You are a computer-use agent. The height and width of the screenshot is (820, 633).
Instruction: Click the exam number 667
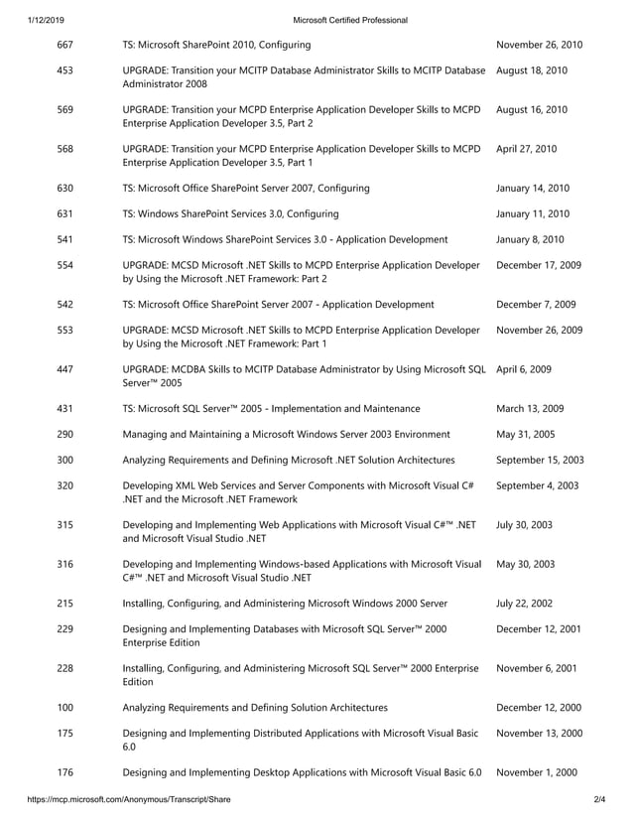point(65,45)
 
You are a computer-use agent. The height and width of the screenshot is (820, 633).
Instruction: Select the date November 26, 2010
point(539,45)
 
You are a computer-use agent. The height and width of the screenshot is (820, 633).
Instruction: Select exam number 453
point(65,70)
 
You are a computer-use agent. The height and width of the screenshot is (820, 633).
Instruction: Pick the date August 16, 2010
point(531,109)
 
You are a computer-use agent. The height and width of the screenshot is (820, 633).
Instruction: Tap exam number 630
point(65,188)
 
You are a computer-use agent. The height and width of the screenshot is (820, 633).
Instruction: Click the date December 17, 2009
point(539,265)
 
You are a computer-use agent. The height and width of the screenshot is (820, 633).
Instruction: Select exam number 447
point(65,369)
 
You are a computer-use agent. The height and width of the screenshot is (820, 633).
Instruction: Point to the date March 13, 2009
point(531,408)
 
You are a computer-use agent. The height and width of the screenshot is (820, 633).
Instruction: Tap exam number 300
point(65,460)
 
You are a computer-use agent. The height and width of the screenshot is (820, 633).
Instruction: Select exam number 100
point(65,707)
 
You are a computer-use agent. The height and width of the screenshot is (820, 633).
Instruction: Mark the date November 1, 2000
point(536,772)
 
